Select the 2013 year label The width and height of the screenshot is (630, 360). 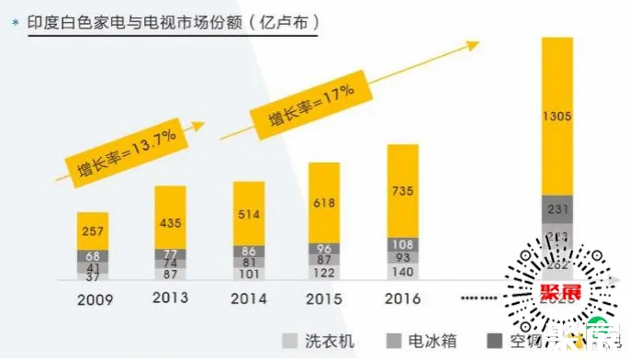[x=171, y=298]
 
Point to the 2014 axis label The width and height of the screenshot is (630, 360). [x=250, y=298]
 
